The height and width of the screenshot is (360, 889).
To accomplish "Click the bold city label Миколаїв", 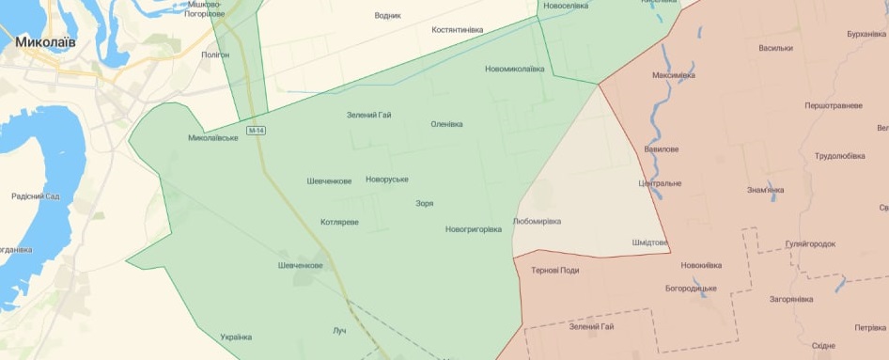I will tap(45, 43).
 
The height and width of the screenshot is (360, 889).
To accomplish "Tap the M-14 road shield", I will tap(256, 129).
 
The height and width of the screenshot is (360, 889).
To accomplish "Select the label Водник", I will tap(387, 16).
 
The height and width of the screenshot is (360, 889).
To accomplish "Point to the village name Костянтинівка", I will tap(457, 30).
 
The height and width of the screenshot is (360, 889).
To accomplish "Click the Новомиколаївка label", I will tap(514, 69).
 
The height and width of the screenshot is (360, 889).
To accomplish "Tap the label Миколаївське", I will tap(212, 138).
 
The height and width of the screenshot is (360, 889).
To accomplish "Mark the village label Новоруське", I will tap(387, 180).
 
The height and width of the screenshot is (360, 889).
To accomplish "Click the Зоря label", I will tap(424, 203).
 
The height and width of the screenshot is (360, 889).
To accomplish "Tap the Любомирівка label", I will tap(538, 222).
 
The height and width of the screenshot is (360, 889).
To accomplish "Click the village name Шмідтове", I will tap(649, 243).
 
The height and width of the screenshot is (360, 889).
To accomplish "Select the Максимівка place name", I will tap(674, 75).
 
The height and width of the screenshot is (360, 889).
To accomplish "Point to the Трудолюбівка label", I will tap(840, 156).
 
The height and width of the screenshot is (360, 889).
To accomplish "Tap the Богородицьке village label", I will tap(691, 289).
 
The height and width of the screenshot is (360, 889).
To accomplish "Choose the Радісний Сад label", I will tap(36, 196).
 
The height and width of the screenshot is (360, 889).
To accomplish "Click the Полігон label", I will tap(215, 55).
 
